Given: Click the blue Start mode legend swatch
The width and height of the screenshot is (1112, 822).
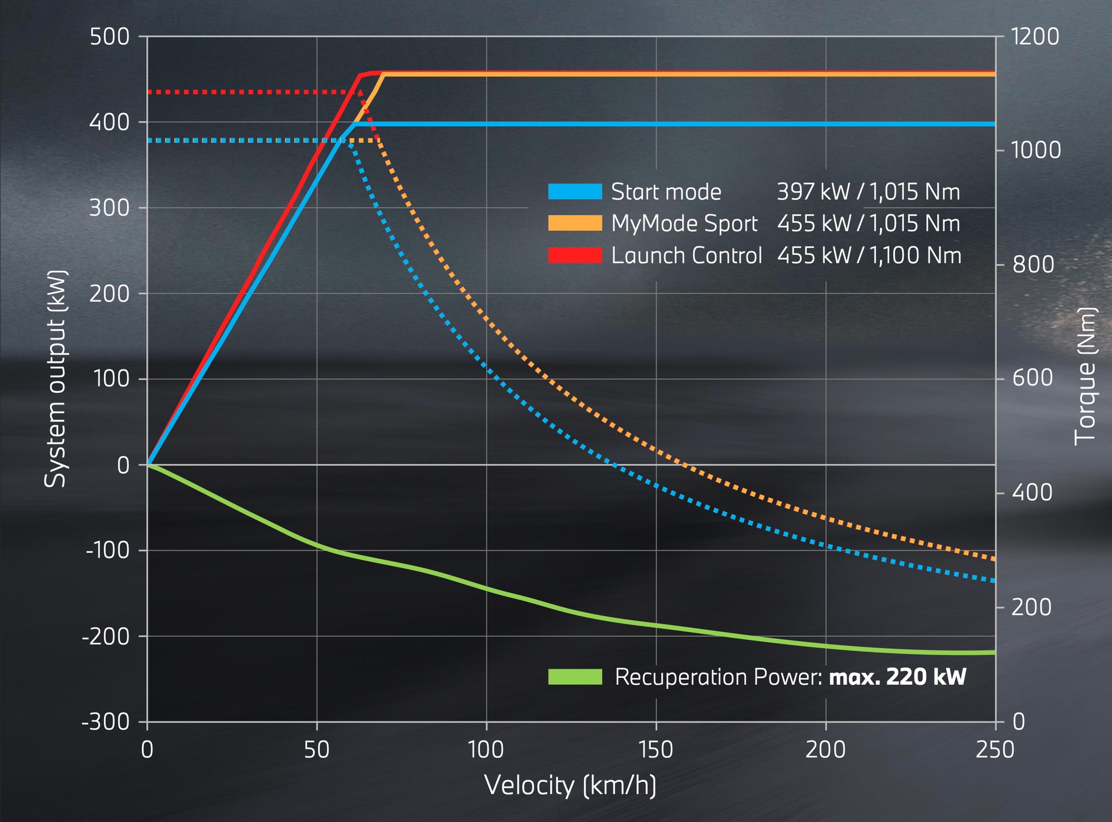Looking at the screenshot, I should [x=574, y=192].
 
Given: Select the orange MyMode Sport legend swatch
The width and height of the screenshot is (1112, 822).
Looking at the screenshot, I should [x=574, y=223].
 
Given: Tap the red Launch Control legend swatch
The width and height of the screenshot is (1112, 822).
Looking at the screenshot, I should [x=574, y=255].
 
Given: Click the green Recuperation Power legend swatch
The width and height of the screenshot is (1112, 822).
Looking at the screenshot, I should [x=574, y=677].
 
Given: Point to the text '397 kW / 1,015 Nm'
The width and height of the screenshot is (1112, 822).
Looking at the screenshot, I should [x=868, y=192].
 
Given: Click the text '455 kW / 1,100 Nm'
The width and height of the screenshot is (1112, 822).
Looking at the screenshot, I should [x=869, y=255].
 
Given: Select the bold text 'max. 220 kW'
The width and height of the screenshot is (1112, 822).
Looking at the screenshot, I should [x=897, y=677].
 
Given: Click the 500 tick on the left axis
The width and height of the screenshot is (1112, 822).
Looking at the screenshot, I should [x=109, y=37].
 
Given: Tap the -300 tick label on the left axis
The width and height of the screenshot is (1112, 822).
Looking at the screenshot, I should [x=106, y=722].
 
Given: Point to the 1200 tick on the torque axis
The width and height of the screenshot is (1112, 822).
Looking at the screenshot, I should [x=1035, y=37].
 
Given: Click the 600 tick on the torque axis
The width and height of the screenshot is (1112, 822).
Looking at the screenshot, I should [x=1032, y=378].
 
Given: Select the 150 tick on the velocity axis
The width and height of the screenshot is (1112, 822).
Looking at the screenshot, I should [x=656, y=750].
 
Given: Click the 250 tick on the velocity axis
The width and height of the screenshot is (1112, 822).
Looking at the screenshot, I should [x=995, y=750].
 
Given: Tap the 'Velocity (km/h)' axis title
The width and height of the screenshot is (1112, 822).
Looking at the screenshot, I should [x=570, y=785].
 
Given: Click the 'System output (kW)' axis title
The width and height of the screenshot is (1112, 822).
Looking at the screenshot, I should [x=56, y=378].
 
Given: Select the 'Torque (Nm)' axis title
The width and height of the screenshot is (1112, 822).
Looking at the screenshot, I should [x=1085, y=376].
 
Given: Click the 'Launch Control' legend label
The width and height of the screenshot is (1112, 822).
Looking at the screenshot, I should [x=686, y=255].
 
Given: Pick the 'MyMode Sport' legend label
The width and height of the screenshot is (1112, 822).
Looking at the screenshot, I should [x=684, y=224].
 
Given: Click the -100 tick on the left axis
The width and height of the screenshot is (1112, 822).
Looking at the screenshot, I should [x=108, y=550].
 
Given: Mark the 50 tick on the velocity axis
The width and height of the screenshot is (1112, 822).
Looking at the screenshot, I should [x=316, y=750].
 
